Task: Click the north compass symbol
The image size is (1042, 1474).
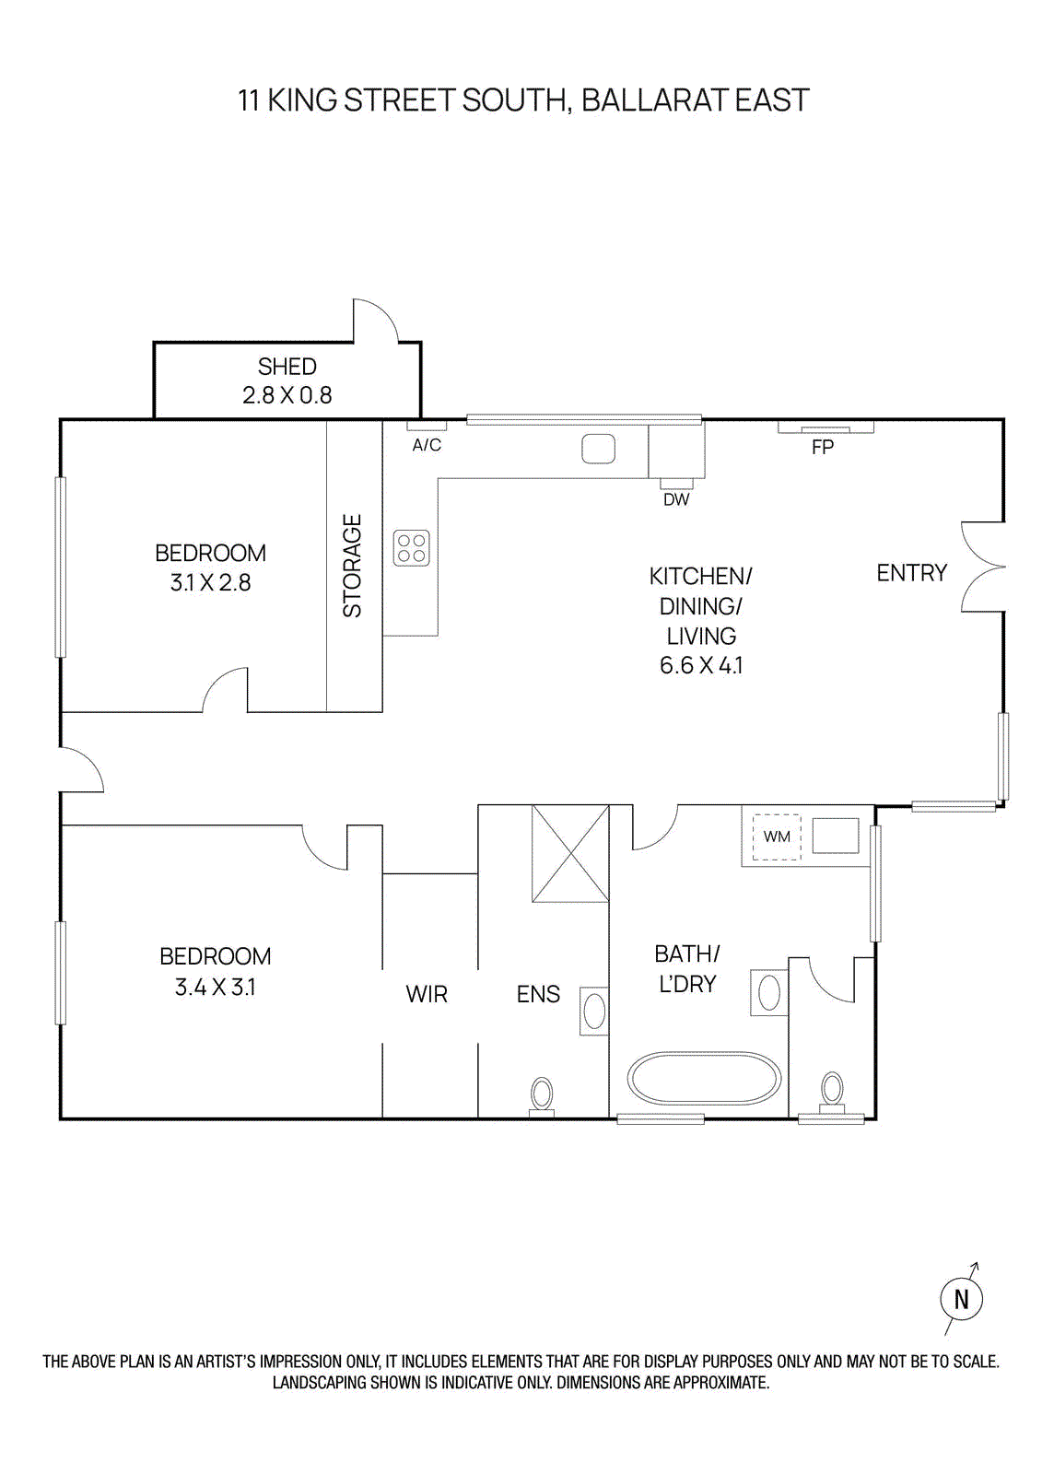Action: tap(961, 1299)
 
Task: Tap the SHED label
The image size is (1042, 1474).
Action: tap(287, 367)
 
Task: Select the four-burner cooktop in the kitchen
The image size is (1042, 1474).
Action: tap(411, 548)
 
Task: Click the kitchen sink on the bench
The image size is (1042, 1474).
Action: tap(598, 450)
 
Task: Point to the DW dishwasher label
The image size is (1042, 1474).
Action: tap(675, 499)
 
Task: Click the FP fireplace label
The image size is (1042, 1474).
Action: tap(822, 448)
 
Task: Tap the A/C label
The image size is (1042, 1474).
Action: tap(426, 445)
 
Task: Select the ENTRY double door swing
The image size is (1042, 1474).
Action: tap(981, 567)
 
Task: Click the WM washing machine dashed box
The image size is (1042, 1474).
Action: tap(776, 836)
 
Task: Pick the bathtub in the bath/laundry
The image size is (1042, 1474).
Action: tap(704, 1078)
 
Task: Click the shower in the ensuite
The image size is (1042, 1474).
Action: tap(570, 853)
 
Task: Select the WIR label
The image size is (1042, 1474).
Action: tap(427, 994)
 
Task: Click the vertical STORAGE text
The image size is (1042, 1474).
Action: tap(353, 566)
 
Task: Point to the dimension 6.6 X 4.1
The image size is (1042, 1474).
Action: tap(700, 665)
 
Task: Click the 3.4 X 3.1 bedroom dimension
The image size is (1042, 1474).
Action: tap(215, 987)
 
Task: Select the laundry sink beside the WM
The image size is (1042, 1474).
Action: tap(835, 836)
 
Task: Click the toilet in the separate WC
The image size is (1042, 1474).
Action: tap(832, 1093)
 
